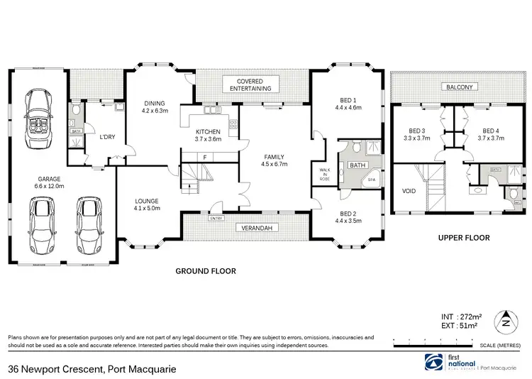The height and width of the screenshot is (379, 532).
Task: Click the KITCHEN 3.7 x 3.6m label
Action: point(209,136)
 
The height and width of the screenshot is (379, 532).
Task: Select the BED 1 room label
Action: point(348,104)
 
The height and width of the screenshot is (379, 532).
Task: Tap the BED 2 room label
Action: point(348,217)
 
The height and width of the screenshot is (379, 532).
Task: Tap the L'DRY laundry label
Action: point(107,137)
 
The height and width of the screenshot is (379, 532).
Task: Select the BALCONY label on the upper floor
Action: point(459,87)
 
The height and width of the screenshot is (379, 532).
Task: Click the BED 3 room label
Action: point(417,134)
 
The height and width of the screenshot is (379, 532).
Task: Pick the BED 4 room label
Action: point(492,134)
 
